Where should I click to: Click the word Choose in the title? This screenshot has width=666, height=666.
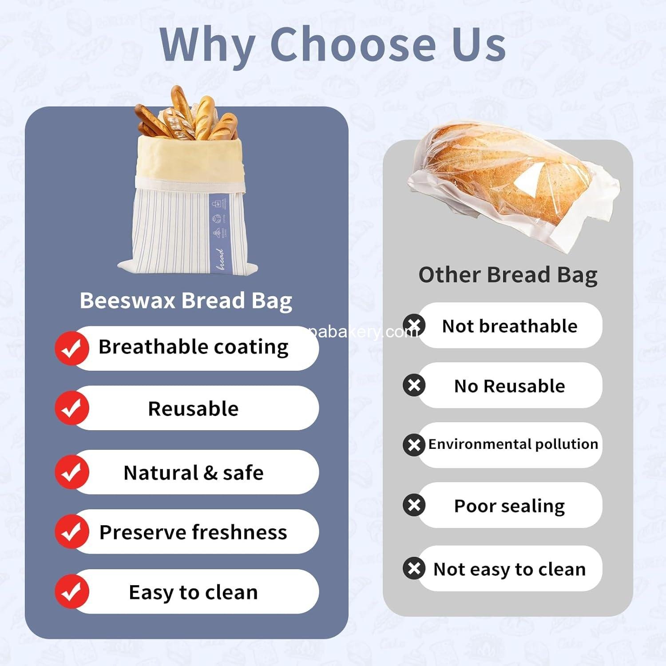(x=353, y=44)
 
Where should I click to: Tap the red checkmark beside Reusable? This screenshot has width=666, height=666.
(x=71, y=408)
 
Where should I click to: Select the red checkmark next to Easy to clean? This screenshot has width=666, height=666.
(x=71, y=591)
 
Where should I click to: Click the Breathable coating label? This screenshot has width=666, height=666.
(x=193, y=347)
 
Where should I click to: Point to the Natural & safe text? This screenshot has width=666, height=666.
(x=193, y=472)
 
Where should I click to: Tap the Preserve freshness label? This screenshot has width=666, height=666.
(x=193, y=532)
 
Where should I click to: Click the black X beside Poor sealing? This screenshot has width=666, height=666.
(x=414, y=505)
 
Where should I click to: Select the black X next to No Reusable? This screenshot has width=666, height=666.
(x=414, y=385)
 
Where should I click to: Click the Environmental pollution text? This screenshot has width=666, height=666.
(x=513, y=444)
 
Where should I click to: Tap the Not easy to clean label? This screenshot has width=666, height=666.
(x=509, y=569)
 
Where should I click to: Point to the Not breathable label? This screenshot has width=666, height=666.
(x=509, y=326)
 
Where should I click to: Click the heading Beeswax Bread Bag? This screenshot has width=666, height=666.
(x=186, y=301)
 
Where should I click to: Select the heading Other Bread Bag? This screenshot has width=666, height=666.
(x=507, y=275)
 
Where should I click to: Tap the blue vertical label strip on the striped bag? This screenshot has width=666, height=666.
(x=219, y=231)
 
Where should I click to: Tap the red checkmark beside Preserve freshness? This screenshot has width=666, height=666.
(x=71, y=531)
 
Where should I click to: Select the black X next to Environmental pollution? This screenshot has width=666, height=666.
(x=414, y=444)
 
